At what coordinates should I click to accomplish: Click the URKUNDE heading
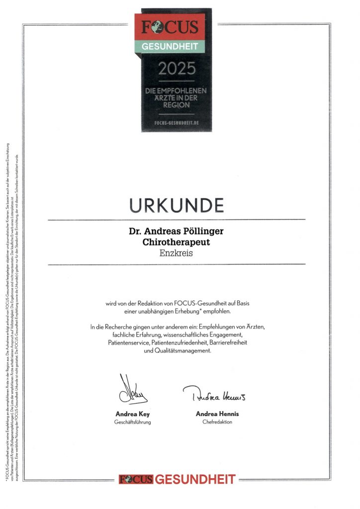[177, 204]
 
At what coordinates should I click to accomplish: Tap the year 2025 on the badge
[177, 69]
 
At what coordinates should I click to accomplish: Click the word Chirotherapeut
[177, 242]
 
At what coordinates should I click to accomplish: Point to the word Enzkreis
[177, 253]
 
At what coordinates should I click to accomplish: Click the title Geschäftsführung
[132, 422]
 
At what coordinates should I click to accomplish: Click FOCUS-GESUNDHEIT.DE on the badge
[177, 122]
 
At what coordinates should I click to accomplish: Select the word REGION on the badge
[177, 106]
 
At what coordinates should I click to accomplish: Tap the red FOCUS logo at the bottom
[136, 479]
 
